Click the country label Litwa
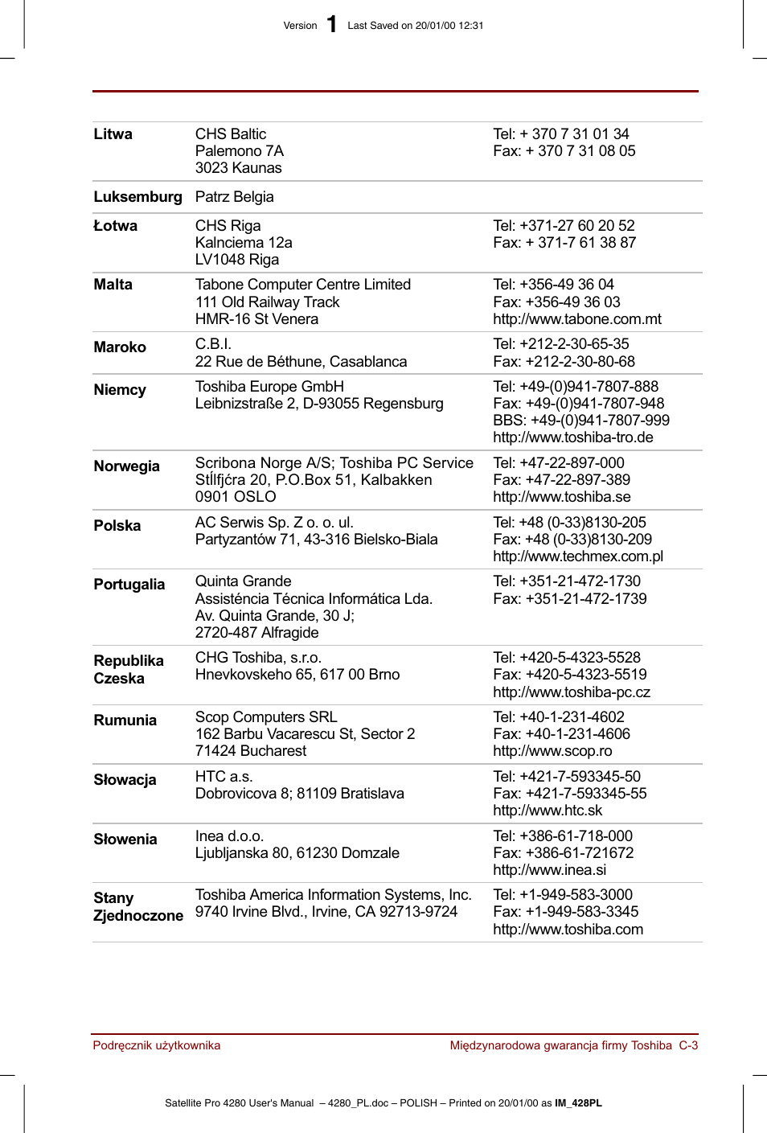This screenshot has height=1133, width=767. pos(113,134)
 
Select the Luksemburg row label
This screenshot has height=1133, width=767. pos(137,197)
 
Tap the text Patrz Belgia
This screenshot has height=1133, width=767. pos(234,197)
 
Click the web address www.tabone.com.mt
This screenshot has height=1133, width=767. pos(576,319)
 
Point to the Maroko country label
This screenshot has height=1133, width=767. pos(120,347)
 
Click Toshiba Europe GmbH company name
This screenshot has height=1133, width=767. pos(269,387)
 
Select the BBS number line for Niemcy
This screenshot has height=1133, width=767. pos(580,421)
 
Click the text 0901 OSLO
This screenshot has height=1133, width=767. pos(236,497)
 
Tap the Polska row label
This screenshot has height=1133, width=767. pos(117,526)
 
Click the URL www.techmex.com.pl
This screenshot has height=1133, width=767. pos(578,556)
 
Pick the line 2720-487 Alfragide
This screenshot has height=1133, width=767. pos(256,633)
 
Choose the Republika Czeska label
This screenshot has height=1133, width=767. pos(128,670)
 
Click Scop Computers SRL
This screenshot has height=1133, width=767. pos(266,717)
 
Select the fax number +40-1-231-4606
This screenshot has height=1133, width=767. pos(561,734)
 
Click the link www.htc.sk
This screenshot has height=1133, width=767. pos(548,811)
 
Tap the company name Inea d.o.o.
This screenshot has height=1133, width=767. pos(229,836)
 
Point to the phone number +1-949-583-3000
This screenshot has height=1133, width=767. pos(563,895)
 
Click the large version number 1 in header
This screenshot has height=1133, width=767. pos(332,25)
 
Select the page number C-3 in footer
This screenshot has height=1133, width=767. pos(688,1045)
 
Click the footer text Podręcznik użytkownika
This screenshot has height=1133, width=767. pos(156,1045)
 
